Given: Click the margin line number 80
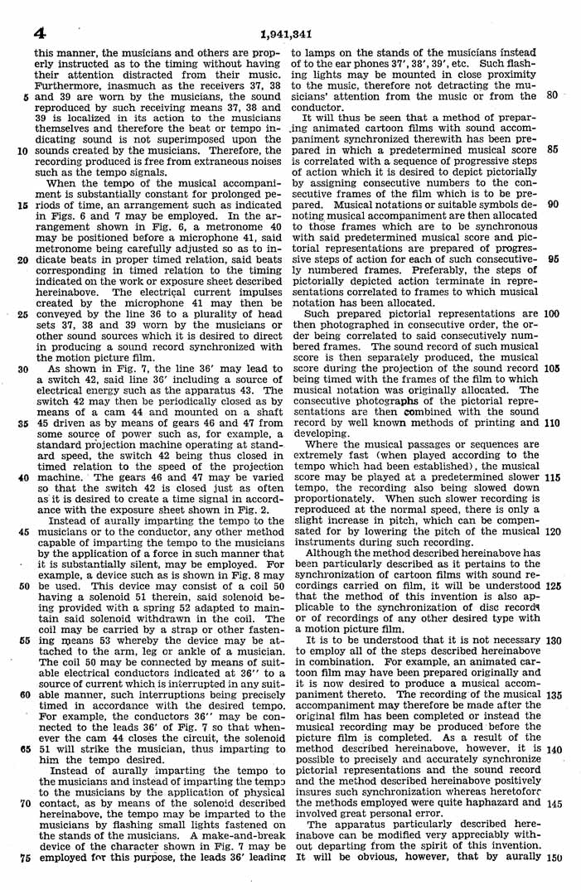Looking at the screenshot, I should [551, 94].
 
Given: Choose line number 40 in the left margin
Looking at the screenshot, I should [23, 478].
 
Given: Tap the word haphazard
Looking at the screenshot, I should [477, 803].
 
